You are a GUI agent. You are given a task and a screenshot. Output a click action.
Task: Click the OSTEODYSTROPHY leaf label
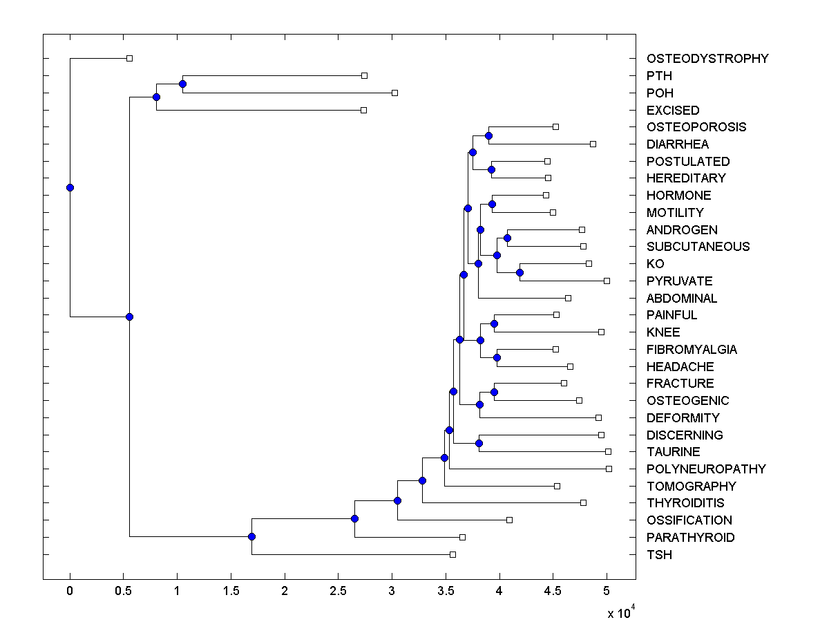tap(707, 59)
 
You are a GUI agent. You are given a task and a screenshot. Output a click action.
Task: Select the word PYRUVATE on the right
tap(679, 281)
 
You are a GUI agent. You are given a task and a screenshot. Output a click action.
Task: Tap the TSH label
tap(659, 555)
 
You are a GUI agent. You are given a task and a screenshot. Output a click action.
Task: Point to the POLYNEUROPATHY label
tap(706, 469)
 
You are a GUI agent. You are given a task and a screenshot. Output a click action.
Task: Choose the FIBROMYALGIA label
tap(692, 350)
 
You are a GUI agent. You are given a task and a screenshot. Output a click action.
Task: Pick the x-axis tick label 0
tap(70, 591)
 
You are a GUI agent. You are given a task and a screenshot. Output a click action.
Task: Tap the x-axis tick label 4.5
tap(553, 591)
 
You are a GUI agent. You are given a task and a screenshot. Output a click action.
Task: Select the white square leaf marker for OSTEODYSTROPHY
tap(129, 59)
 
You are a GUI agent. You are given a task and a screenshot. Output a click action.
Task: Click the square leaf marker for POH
tap(394, 93)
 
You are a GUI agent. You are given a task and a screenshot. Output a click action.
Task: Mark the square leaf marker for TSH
tap(452, 554)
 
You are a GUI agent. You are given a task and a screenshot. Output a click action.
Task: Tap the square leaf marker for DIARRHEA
tap(593, 144)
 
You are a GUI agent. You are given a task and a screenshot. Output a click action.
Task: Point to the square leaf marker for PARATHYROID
tap(462, 537)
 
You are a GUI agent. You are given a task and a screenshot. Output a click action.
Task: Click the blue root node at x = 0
tap(70, 187)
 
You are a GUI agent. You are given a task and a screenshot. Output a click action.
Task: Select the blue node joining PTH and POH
tap(182, 84)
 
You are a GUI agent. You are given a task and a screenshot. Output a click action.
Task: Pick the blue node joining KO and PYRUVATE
tap(520, 272)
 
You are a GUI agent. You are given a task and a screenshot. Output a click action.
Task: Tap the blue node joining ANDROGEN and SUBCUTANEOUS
tap(507, 238)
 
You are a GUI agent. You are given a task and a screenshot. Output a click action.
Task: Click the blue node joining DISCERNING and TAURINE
tap(479, 443)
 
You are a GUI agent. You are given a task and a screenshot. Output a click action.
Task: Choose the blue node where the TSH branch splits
tap(251, 537)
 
